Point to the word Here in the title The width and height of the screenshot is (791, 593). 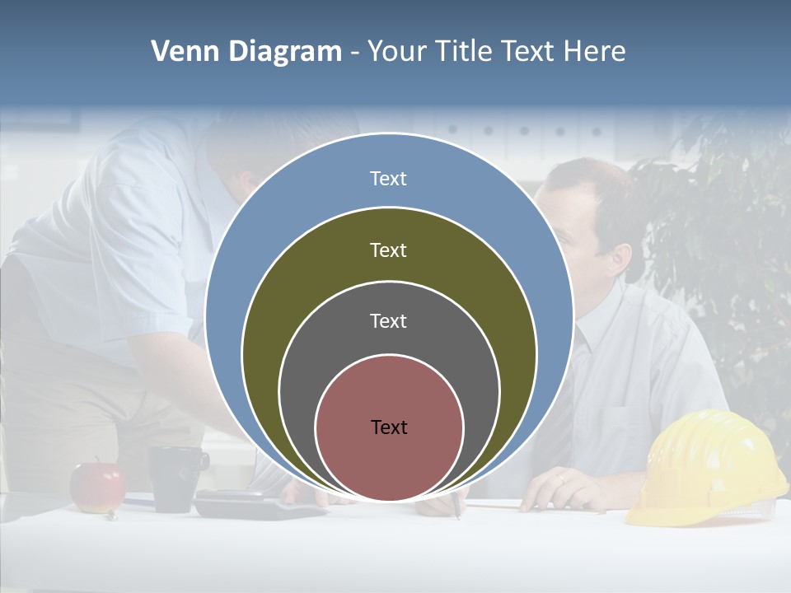[x=595, y=52]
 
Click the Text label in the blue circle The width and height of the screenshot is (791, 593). [x=388, y=179]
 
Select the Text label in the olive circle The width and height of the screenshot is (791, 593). [x=388, y=250]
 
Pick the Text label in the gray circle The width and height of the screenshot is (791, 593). [x=388, y=320]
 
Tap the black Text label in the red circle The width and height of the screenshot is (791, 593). [x=389, y=427]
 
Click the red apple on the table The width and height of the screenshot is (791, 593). [x=97, y=488]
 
